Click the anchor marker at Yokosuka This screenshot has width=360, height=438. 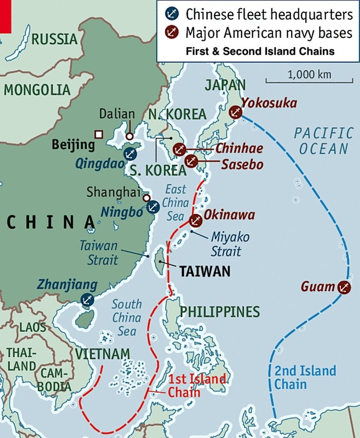(x=235, y=112)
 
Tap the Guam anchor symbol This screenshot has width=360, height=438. (x=344, y=287)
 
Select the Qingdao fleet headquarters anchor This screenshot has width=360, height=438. (x=130, y=153)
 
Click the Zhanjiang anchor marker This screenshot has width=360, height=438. (x=87, y=299)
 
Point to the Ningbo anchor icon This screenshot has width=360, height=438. (x=153, y=206)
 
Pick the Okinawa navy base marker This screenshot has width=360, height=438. (x=195, y=220)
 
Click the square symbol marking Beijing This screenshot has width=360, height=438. (x=99, y=134)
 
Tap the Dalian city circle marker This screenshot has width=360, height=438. (x=130, y=136)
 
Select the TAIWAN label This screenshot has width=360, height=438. (x=205, y=272)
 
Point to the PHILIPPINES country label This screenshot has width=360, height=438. (x=220, y=312)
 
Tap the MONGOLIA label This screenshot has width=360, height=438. (x=37, y=90)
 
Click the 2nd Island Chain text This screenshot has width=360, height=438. (x=305, y=377)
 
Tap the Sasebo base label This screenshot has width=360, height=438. (x=242, y=164)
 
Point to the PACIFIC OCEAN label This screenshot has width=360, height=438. (x=323, y=141)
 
